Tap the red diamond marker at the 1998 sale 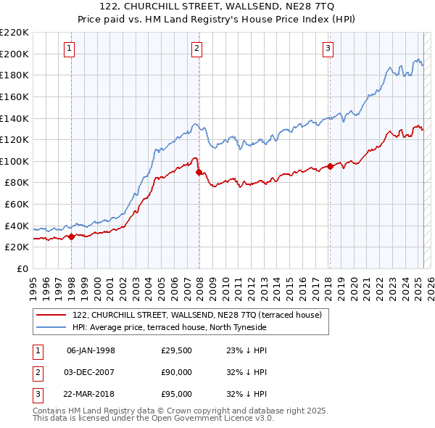coord(71,236)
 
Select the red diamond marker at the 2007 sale coord(199,172)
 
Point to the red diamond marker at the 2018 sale coord(330,166)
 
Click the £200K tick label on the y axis coord(14,54)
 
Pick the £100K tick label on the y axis coord(14,161)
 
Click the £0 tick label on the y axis coord(23,268)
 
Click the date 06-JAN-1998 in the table coord(91,350)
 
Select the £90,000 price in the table coord(177,372)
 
